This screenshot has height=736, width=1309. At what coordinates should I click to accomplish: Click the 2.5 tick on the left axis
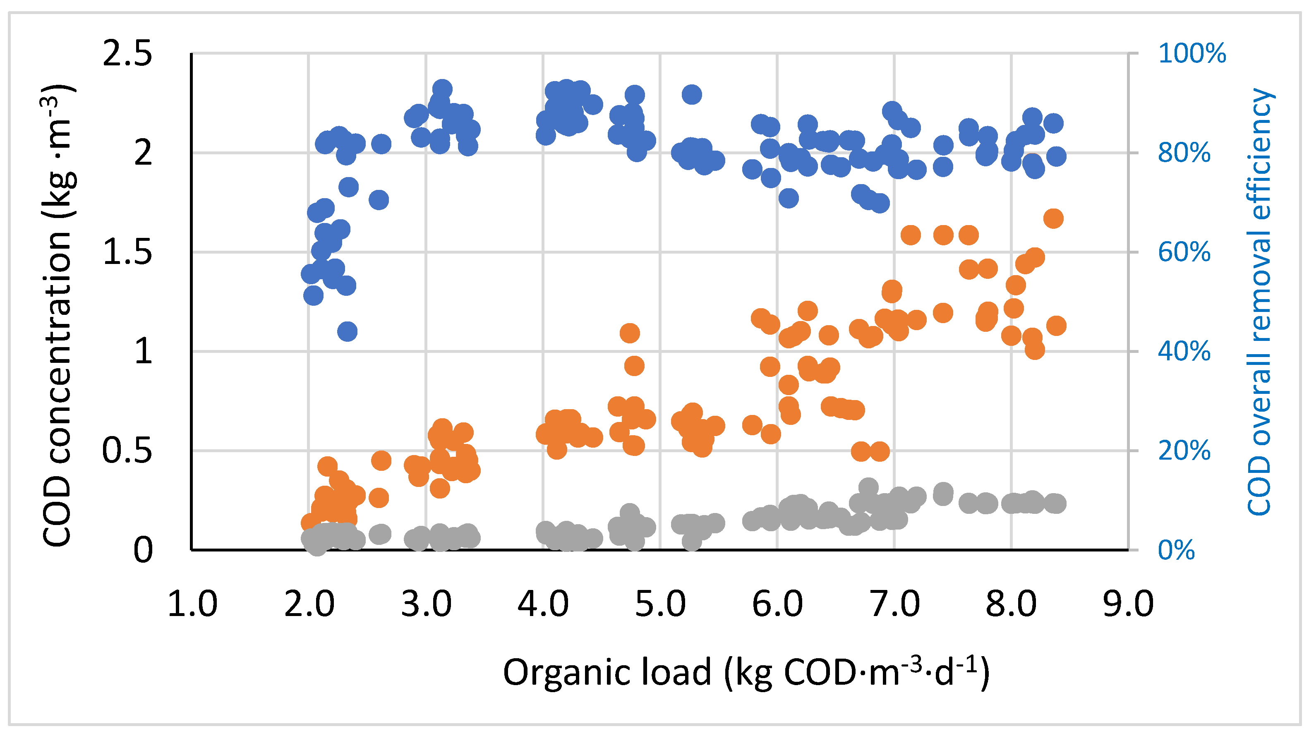click(127, 54)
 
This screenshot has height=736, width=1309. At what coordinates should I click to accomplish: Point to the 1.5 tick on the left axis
click(127, 252)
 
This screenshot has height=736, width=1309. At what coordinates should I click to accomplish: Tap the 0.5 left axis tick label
click(127, 451)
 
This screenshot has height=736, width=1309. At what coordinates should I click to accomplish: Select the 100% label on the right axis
click(1192, 53)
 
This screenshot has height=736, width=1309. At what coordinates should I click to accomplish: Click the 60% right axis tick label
click(1184, 252)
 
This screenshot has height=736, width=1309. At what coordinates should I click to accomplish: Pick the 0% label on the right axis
click(1176, 550)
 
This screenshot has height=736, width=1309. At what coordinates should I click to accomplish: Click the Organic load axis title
click(746, 672)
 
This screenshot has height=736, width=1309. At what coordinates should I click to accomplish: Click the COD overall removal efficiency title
click(1259, 302)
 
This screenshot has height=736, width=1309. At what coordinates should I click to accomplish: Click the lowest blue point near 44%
click(348, 332)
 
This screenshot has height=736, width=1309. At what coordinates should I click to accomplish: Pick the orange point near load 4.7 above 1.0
click(630, 333)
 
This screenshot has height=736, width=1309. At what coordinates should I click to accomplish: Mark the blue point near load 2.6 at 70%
click(379, 200)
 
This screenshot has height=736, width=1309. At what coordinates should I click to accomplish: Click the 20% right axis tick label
click(1184, 451)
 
